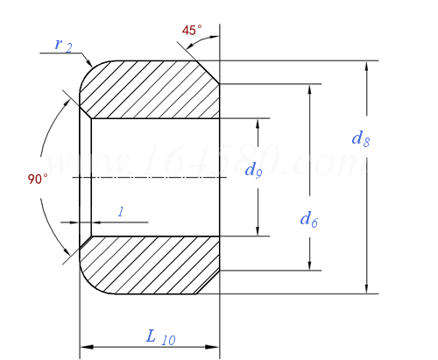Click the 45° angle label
(192, 31)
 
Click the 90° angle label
(38, 179)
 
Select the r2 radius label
(62, 45)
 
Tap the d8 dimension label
(360, 138)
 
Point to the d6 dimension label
(308, 219)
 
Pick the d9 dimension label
(254, 170)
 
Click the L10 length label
(160, 335)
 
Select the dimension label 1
(120, 211)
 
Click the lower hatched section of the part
(149, 265)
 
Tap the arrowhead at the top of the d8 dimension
(366, 66)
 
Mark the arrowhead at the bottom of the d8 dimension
(366, 288)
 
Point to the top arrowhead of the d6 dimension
(309, 89)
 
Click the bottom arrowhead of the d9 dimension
(258, 230)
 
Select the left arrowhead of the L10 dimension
(85, 348)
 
